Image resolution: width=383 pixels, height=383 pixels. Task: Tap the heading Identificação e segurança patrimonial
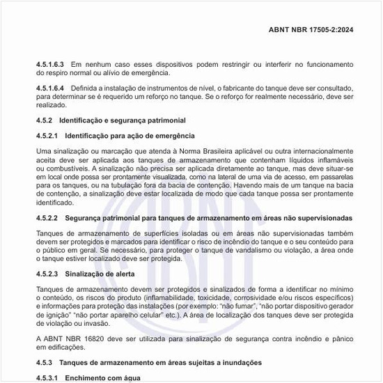pyautogui.click(x=122, y=120)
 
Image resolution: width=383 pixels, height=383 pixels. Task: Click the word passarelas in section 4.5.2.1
pyautogui.click(x=336, y=177)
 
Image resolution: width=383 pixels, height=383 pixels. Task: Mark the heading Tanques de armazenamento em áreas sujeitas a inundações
pyautogui.click(x=160, y=363)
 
